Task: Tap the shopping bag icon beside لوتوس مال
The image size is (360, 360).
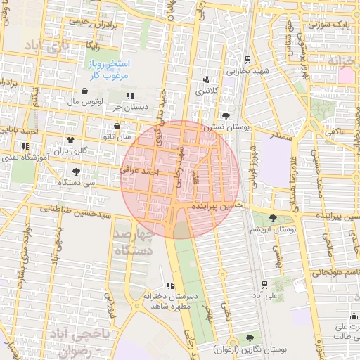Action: pos(84,91)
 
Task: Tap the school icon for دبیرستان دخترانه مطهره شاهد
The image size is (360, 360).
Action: pos(170,285)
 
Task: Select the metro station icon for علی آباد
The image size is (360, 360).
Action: pos(263,284)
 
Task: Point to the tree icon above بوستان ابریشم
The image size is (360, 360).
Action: pos(273,218)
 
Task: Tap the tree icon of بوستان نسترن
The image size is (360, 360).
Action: pos(226,116)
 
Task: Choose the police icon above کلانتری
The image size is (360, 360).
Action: pos(206,79)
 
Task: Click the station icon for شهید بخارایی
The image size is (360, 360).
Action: pos(247,60)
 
